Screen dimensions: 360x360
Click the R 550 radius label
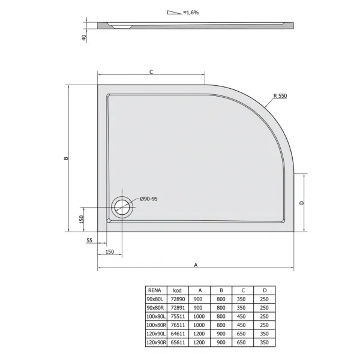click(280, 96)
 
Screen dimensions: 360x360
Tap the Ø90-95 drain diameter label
click(149, 199)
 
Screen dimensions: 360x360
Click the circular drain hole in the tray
click(122, 207)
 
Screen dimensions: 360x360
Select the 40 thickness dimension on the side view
click(84, 38)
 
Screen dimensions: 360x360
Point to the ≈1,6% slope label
click(191, 13)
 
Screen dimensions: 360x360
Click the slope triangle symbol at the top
click(175, 13)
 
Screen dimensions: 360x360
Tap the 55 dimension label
click(89, 241)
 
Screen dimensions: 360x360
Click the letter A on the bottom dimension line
click(196, 265)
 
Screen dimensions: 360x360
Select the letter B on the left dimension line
click(66, 158)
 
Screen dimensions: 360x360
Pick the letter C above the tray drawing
click(151, 72)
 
